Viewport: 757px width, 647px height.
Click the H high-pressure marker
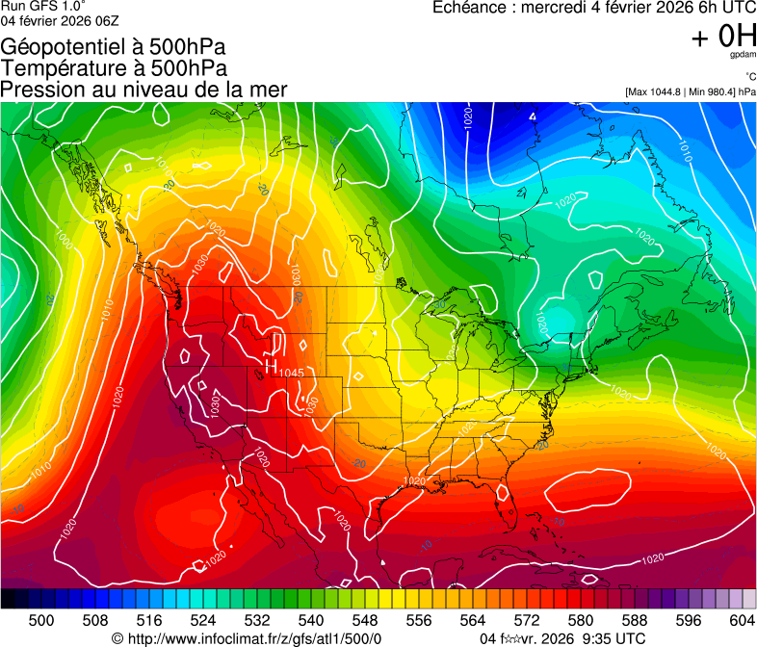(271, 366)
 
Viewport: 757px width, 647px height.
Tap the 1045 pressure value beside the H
(292, 373)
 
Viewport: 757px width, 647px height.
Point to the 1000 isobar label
(65, 238)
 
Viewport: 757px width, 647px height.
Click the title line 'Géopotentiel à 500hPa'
(114, 47)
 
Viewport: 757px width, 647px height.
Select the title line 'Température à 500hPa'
(114, 68)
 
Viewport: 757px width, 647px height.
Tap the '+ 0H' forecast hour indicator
(723, 37)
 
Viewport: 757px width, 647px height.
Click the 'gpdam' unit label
(742, 56)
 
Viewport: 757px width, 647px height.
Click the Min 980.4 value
(708, 91)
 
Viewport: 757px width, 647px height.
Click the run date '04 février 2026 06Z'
(60, 20)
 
